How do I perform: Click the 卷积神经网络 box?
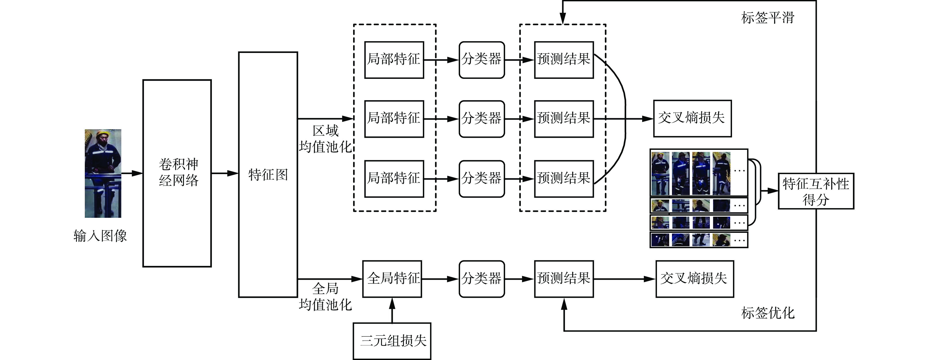(x=177, y=173)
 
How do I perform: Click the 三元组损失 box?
(x=392, y=341)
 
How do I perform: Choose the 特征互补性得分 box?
(x=816, y=191)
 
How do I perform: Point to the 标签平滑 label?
(x=767, y=17)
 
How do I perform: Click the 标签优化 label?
(x=767, y=313)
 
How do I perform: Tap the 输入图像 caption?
(x=100, y=236)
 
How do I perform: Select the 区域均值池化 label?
(x=325, y=139)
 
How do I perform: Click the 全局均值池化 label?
(x=325, y=297)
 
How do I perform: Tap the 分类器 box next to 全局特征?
(x=482, y=279)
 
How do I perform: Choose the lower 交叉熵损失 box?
(x=695, y=279)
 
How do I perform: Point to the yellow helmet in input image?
(x=103, y=133)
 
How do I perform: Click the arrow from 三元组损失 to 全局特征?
(x=392, y=310)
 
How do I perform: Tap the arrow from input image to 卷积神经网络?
(x=132, y=173)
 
